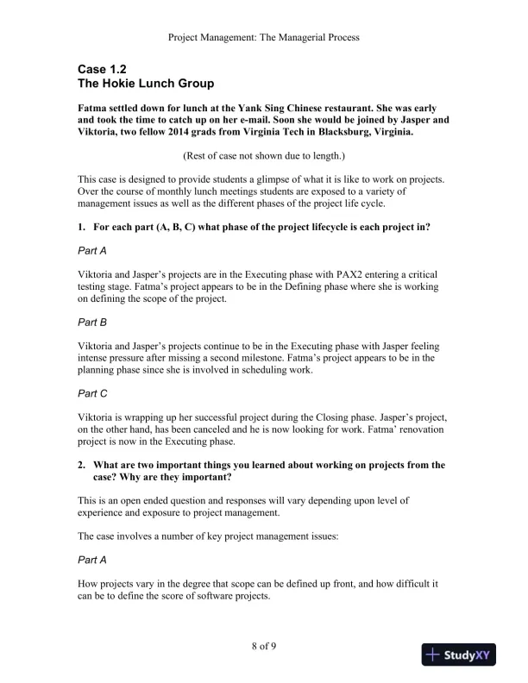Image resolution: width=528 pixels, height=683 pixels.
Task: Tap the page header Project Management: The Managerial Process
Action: (264, 37)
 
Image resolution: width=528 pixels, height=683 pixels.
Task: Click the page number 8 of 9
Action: (263, 645)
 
